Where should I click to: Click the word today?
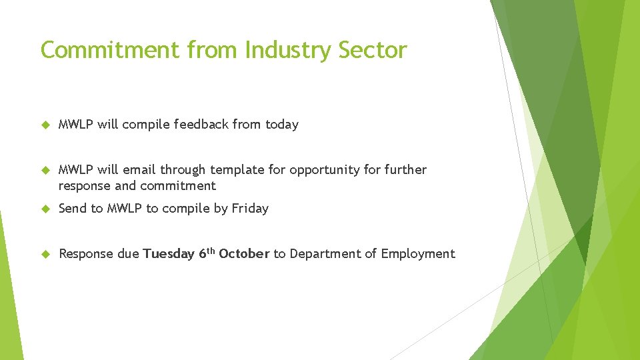[x=282, y=125]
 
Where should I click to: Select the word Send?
[x=72, y=209]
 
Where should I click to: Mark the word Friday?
[x=250, y=209]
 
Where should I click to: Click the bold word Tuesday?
[x=169, y=254]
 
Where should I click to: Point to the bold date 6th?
[x=206, y=253]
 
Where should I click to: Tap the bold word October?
[x=244, y=254]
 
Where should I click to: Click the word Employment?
[x=418, y=254]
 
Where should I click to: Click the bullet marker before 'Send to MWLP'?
[x=45, y=209]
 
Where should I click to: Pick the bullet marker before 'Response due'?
[x=45, y=254]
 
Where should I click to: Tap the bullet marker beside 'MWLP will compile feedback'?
[x=45, y=125]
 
